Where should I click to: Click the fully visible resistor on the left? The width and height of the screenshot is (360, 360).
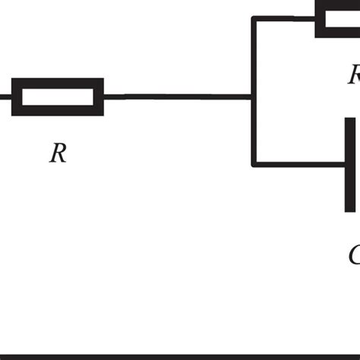coord(57,96)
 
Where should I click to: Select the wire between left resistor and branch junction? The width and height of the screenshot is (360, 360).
coord(176,96)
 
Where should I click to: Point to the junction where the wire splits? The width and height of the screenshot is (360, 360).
coord(253,96)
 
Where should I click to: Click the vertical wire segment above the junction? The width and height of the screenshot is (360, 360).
coord(253,57)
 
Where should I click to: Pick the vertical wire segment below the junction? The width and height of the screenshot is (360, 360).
coord(253,131)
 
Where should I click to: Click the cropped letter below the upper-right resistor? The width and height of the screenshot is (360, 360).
coord(354,74)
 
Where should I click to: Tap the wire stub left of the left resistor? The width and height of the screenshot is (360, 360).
coord(5,96)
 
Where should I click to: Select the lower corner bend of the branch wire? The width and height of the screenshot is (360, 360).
coord(254,163)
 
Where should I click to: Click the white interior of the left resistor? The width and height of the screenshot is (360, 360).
coord(57,96)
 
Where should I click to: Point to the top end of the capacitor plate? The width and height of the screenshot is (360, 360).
coord(349,121)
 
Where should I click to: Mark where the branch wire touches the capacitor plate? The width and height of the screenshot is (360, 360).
coord(343,163)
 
